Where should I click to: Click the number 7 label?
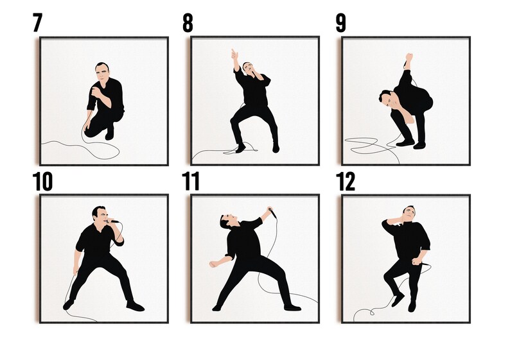tap(37, 22)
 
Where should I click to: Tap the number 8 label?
tap(188, 22)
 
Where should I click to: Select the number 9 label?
tap(340, 22)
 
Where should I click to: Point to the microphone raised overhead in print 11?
tap(272, 210)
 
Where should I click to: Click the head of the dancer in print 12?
tap(409, 213)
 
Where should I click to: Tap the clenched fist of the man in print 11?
tap(212, 264)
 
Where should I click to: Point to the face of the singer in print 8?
tap(251, 68)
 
